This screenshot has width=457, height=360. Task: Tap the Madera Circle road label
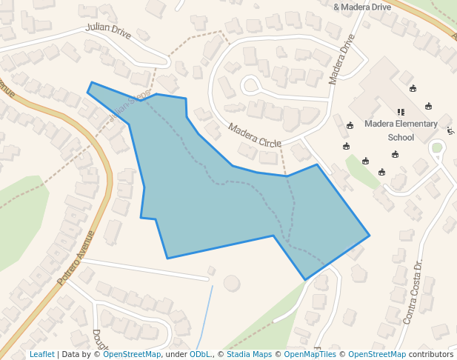(254, 135)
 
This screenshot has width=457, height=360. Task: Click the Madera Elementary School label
(401, 130)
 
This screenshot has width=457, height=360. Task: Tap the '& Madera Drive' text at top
(362, 7)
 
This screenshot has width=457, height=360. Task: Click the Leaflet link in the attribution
(42, 354)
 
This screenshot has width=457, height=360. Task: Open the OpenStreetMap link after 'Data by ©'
(132, 354)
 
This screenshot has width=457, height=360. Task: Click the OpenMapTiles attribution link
(310, 354)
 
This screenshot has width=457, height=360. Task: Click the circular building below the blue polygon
(232, 283)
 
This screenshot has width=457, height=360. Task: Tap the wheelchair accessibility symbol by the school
(451, 131)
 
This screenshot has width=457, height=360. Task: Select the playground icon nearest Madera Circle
(350, 125)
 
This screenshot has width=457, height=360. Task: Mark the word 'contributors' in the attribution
(431, 354)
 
